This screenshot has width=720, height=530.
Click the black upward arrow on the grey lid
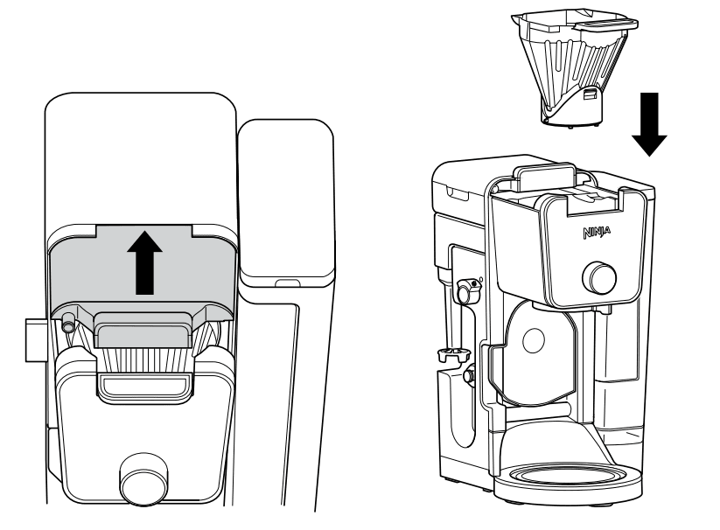(144, 262)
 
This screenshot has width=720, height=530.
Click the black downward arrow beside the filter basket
(649, 124)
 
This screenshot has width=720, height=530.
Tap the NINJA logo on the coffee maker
(597, 232)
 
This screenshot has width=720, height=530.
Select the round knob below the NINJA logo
(600, 277)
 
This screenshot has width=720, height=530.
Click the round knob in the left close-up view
(143, 479)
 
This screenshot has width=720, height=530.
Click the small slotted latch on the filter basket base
(590, 94)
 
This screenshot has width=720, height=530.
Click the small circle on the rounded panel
(534, 340)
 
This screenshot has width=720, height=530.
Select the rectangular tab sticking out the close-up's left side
(36, 340)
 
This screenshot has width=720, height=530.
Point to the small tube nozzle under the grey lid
(69, 322)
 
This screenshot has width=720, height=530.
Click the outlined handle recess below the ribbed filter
(144, 385)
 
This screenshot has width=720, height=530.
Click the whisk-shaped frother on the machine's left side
(453, 355)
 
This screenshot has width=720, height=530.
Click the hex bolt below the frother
(469, 375)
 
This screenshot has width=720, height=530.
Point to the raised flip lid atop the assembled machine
(544, 177)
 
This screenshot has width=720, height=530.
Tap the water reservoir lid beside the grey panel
(287, 202)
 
